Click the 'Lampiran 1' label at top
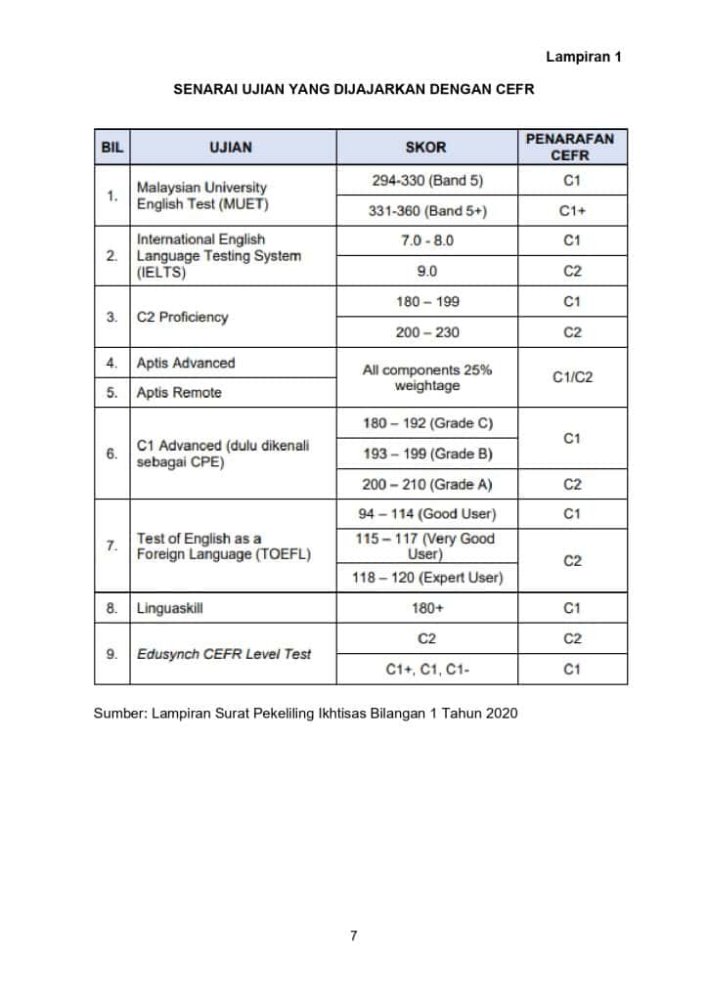(x=584, y=58)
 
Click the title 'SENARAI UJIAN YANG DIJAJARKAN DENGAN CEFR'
(x=354, y=89)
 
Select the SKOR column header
(x=425, y=148)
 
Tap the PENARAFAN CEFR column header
(x=570, y=148)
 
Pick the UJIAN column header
(x=231, y=148)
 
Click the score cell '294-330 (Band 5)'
(x=427, y=181)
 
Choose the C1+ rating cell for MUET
(x=572, y=210)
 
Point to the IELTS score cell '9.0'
(x=427, y=271)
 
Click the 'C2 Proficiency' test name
(x=182, y=317)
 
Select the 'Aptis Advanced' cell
(x=186, y=363)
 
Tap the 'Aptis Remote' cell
(x=179, y=392)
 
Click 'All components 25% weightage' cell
(x=427, y=377)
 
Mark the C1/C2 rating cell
(x=572, y=377)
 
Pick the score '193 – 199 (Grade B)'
(x=427, y=454)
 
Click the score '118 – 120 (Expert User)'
(x=427, y=577)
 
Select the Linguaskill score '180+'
(x=427, y=608)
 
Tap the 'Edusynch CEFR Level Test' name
(x=224, y=653)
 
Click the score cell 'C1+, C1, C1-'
(x=427, y=670)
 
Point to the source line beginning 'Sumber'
(x=305, y=713)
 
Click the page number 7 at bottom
(x=353, y=936)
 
